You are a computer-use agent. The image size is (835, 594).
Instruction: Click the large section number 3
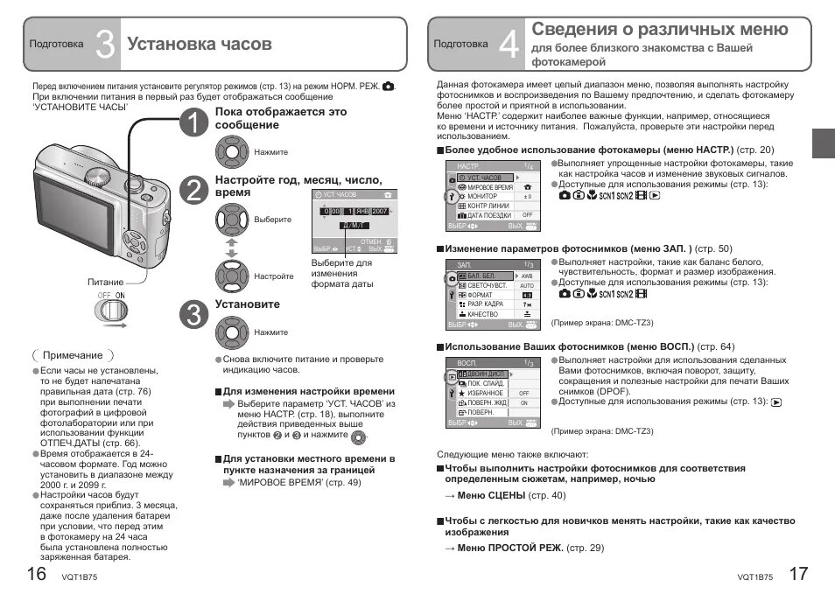tap(104, 44)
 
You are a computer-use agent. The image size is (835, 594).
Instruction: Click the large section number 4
tap(509, 44)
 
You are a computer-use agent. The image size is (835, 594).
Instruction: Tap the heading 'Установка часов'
tap(200, 44)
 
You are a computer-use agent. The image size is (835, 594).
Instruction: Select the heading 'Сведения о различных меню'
tap(660, 30)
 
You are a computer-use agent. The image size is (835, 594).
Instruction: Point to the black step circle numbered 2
tap(193, 188)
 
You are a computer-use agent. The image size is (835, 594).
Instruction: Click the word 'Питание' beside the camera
tap(106, 282)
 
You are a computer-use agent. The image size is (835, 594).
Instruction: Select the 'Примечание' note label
tap(73, 355)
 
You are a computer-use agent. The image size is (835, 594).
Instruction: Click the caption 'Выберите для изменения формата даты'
tap(342, 273)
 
